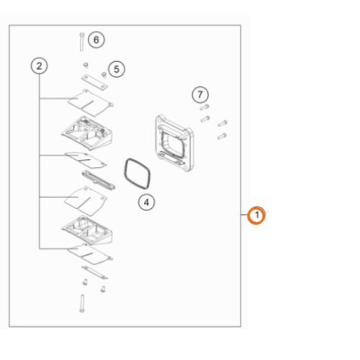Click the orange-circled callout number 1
tap(256, 215)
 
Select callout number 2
tap(39, 66)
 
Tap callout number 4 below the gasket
tap(146, 202)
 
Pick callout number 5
tap(117, 69)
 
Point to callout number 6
tap(96, 40)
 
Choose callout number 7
tap(200, 95)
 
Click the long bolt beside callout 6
tap(82, 42)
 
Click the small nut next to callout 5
tap(104, 75)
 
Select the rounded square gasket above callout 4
tap(138, 174)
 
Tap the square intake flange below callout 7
tap(174, 143)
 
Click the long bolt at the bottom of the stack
tap(82, 303)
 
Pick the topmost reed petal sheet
tap(90, 103)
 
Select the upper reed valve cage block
tap(87, 132)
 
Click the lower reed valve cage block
tap(87, 230)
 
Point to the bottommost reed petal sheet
tap(89, 254)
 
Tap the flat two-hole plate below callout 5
tap(94, 82)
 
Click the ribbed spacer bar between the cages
tap(99, 180)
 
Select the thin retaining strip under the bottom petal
tap(95, 273)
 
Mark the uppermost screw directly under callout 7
tap(204, 107)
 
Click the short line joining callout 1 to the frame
tap(244, 215)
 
